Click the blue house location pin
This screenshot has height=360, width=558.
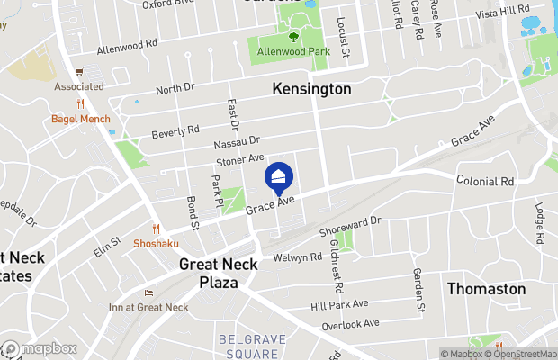279,176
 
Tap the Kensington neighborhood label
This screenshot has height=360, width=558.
311,90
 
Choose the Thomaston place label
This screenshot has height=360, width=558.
487,289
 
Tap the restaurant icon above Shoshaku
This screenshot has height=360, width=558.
156,229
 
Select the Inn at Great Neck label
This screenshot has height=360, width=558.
149,308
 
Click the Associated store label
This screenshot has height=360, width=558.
79,86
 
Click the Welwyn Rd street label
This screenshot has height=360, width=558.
298,257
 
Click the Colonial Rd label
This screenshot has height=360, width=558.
484,181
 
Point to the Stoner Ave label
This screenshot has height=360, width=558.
239,160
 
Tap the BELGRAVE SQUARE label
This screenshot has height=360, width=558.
248,346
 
